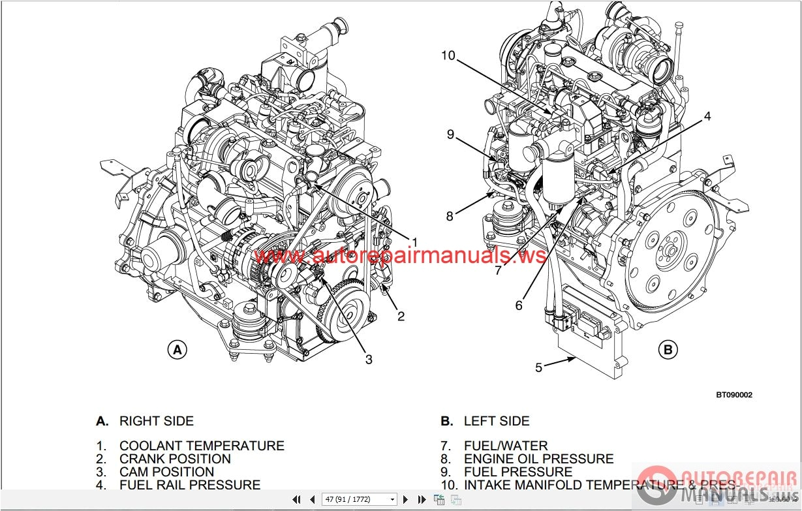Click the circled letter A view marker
[x=177, y=350]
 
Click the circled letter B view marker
[x=668, y=350]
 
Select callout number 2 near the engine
[x=401, y=317]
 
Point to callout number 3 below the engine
[x=369, y=359]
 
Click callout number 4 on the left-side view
[x=707, y=117]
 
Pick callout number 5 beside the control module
[x=538, y=367]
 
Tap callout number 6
[x=519, y=305]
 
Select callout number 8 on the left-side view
[x=449, y=217]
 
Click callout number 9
[x=450, y=134]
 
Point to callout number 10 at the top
[x=448, y=55]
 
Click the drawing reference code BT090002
[x=733, y=395]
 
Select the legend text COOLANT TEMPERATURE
[x=202, y=446]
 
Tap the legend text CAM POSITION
[x=166, y=472]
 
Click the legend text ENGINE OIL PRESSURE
[x=538, y=459]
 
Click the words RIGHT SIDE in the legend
[x=157, y=421]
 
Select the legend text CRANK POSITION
[x=175, y=459]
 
